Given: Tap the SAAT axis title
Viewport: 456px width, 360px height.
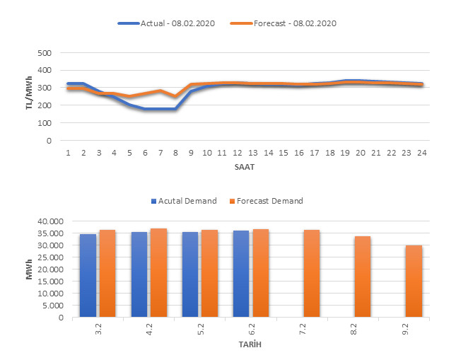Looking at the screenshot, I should click(x=245, y=168).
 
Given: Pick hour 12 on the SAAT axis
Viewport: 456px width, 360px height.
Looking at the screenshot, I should click(x=237, y=152).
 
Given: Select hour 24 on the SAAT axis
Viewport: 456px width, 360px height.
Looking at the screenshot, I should click(x=421, y=152).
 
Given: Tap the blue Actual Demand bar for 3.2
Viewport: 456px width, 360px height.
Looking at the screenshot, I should click(x=88, y=276).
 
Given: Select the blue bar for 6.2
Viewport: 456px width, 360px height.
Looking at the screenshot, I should click(x=241, y=274).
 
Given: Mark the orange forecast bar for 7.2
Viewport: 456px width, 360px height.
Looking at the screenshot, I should click(x=312, y=274).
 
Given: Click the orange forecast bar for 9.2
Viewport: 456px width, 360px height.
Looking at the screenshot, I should click(x=414, y=281).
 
